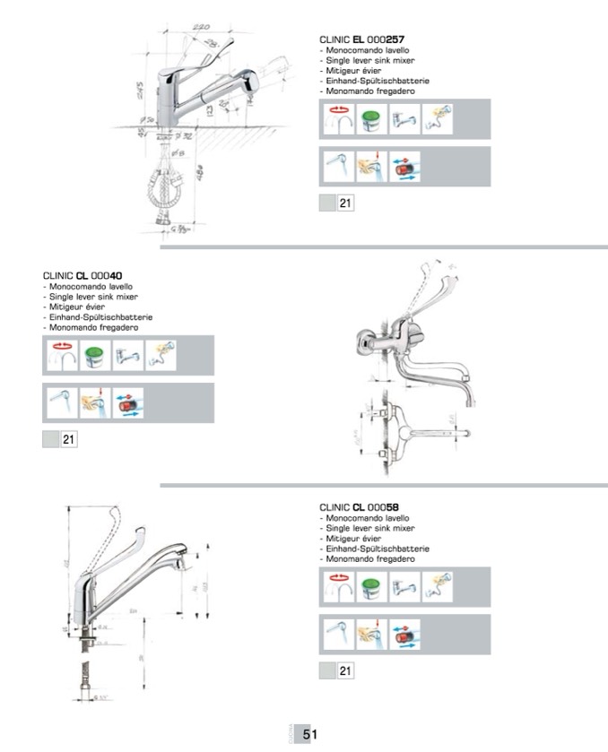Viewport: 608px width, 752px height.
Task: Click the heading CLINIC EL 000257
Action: tap(359, 40)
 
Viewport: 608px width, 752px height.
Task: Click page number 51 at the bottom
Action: tap(310, 734)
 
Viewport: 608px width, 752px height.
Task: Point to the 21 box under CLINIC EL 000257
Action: tap(345, 203)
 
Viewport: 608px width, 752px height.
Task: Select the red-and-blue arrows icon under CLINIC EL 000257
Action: tap(405, 167)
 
